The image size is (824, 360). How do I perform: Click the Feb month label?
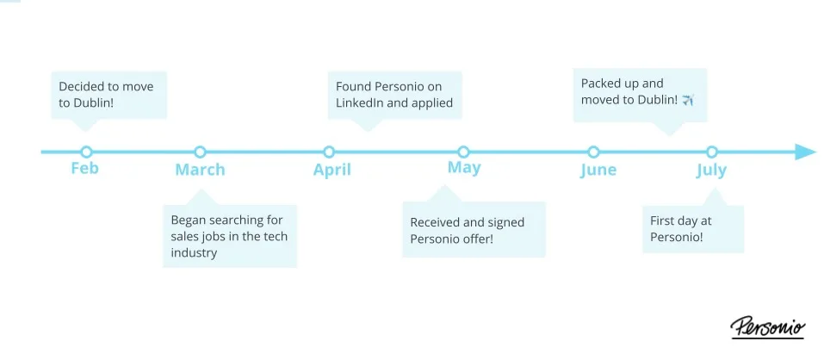(x=84, y=168)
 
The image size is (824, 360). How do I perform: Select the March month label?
(x=200, y=170)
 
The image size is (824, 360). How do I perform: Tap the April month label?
(x=331, y=170)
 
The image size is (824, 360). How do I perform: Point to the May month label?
(x=463, y=168)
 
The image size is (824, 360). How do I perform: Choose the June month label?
(x=598, y=170)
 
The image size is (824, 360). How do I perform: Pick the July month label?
(x=711, y=170)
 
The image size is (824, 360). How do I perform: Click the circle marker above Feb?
(x=85, y=152)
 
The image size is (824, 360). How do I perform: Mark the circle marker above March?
(x=200, y=152)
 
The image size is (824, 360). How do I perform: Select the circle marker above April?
(x=329, y=152)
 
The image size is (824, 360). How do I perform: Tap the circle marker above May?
(x=463, y=152)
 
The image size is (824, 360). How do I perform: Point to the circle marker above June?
(x=593, y=152)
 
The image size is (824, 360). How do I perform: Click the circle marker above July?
(x=711, y=152)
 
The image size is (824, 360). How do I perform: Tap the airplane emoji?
(x=687, y=101)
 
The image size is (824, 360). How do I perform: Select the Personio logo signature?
(x=767, y=327)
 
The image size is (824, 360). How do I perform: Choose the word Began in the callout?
(x=189, y=220)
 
